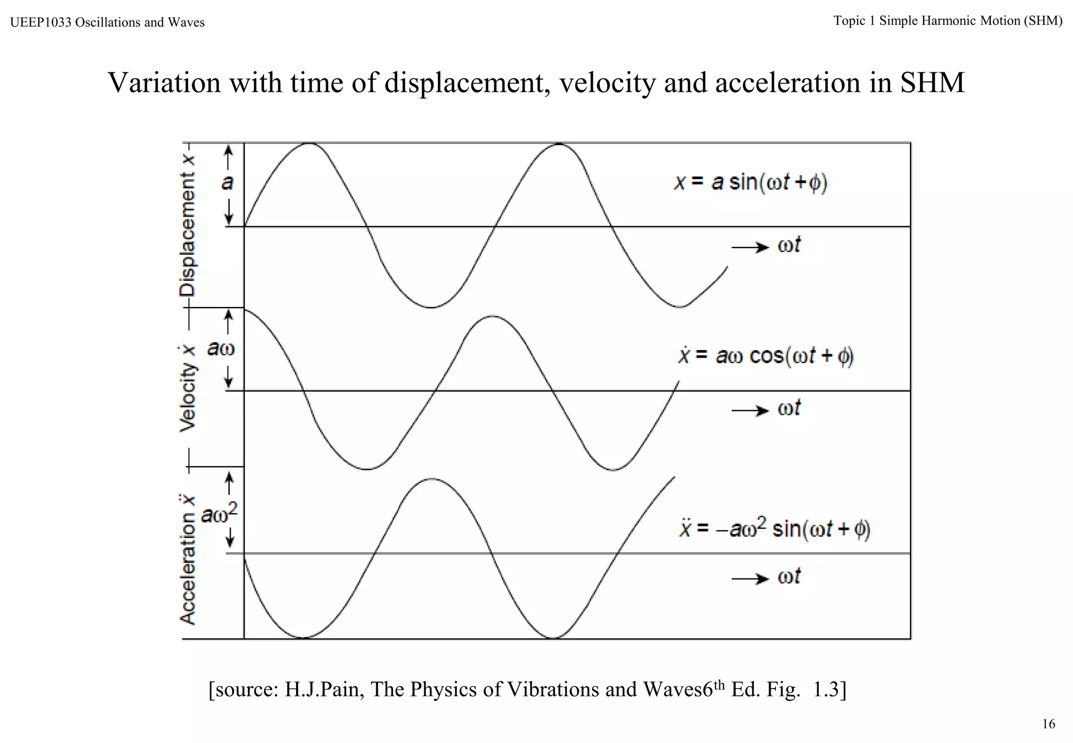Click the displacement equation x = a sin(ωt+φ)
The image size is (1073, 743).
pyautogui.click(x=750, y=183)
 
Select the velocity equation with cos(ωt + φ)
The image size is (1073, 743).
pyautogui.click(x=765, y=356)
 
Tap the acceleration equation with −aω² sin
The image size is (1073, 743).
pyautogui.click(x=774, y=529)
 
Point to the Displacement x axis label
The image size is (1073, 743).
pyautogui.click(x=188, y=226)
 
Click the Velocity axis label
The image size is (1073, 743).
pyautogui.click(x=188, y=388)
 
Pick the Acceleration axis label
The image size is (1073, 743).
pyautogui.click(x=188, y=559)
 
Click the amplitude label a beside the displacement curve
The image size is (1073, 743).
pyautogui.click(x=227, y=183)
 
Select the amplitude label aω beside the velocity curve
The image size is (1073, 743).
pyautogui.click(x=221, y=348)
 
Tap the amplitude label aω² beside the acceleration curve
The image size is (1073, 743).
pyautogui.click(x=220, y=514)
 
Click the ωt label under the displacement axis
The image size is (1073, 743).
pyautogui.click(x=789, y=245)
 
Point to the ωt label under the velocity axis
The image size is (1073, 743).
pyautogui.click(x=789, y=408)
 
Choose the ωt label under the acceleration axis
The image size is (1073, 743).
pyautogui.click(x=789, y=577)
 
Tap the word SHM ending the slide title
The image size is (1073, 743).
pyautogui.click(x=932, y=83)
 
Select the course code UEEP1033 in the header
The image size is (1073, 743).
pyautogui.click(x=40, y=23)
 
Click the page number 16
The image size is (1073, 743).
pyautogui.click(x=1048, y=724)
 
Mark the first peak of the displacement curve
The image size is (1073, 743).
pyautogui.click(x=310, y=143)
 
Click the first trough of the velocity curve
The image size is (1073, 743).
pyautogui.click(x=367, y=469)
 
